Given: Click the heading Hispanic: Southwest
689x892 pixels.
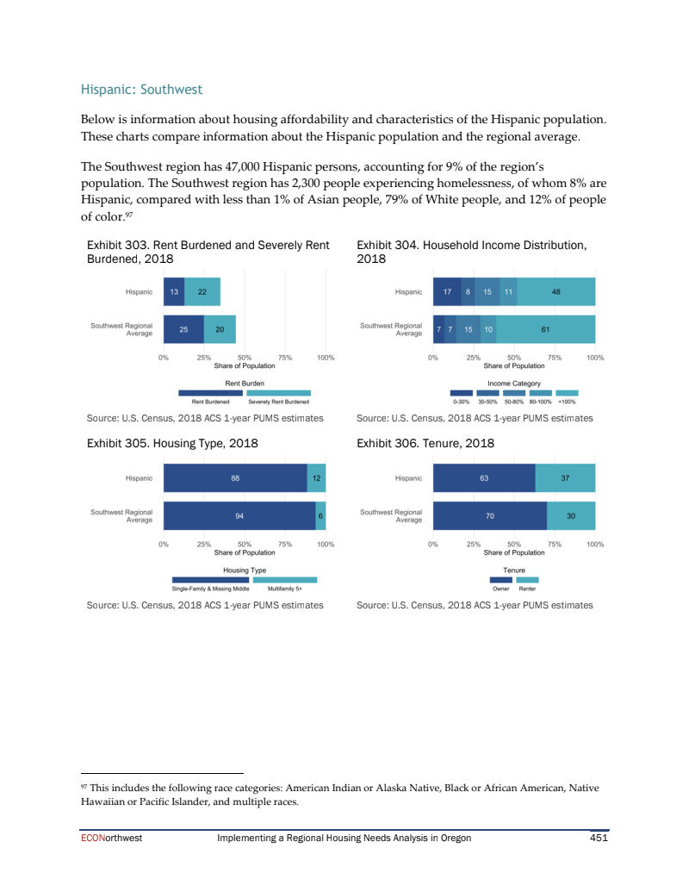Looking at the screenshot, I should [x=141, y=89].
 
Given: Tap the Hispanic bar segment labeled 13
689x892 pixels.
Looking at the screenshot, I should [x=174, y=292].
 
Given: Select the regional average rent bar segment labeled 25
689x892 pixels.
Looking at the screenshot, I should [x=183, y=329].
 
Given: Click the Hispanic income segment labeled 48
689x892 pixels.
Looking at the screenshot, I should [x=556, y=292].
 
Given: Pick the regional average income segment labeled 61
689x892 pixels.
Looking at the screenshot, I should [x=545, y=329].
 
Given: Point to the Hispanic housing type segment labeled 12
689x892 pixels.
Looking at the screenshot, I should [x=316, y=478].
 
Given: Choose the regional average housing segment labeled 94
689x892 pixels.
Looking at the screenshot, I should [x=239, y=515].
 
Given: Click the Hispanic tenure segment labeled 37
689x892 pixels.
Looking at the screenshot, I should [x=565, y=478].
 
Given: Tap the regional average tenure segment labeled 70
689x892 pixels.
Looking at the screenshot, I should [x=489, y=515].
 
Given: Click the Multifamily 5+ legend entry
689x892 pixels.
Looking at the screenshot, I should [x=285, y=588].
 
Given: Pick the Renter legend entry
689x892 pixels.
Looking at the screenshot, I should [x=528, y=588].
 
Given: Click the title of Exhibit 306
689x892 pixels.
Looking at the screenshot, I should [x=425, y=444].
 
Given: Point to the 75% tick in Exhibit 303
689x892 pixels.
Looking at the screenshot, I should [x=285, y=357].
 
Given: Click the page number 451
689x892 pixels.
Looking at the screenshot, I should [x=599, y=838].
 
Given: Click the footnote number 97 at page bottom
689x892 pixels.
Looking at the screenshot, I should [x=84, y=785].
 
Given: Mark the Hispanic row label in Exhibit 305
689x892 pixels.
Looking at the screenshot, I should [x=139, y=478].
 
